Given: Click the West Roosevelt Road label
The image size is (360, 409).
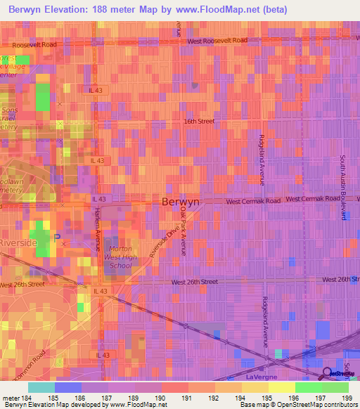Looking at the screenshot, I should tap(217, 41).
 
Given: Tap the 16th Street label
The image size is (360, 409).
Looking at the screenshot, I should tap(199, 121).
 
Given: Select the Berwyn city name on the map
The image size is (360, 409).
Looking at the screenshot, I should tap(181, 201).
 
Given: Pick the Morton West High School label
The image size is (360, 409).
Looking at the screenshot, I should tap(120, 258).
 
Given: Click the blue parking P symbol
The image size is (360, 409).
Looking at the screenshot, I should tap(57, 236).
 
